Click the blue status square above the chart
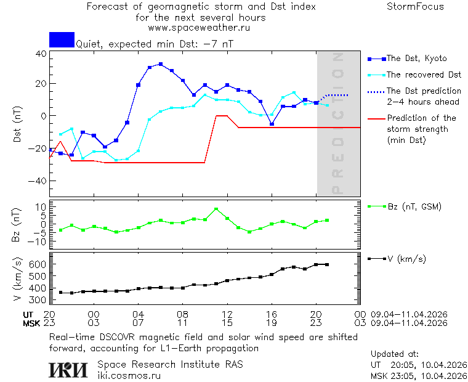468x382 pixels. (62, 39)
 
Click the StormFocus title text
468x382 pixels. (415, 7)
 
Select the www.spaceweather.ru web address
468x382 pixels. (199, 28)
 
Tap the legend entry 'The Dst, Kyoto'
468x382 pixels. (416, 59)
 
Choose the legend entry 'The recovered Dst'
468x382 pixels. (424, 75)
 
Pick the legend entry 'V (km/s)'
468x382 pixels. (406, 259)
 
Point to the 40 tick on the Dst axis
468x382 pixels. (41, 54)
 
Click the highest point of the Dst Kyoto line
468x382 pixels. (161, 64)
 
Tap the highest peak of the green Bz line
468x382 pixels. (216, 209)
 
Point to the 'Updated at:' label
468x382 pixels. (395, 354)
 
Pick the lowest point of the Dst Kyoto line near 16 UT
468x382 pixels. (272, 124)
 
